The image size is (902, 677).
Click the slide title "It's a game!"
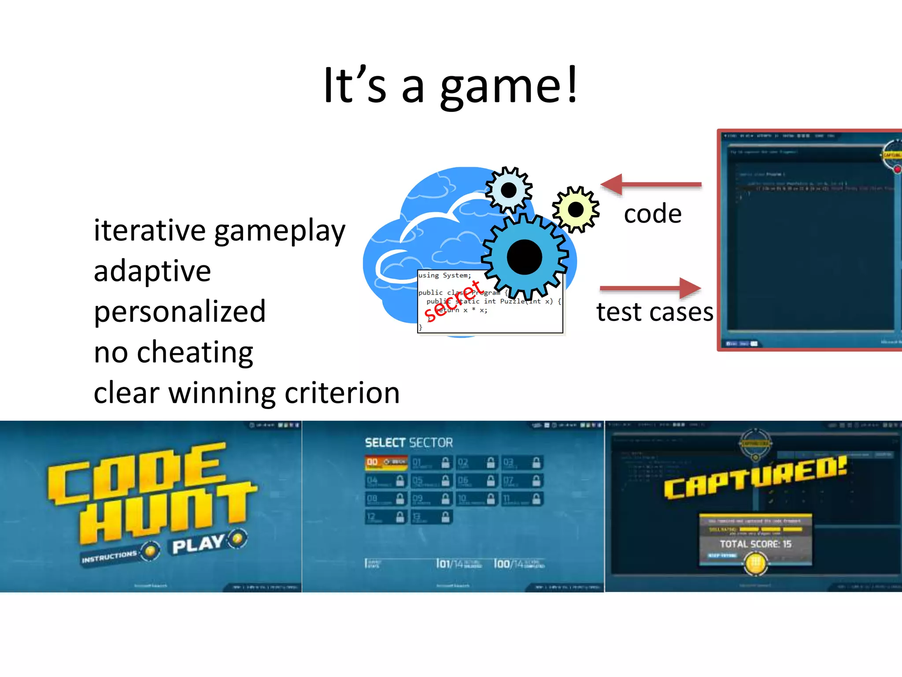point(450,85)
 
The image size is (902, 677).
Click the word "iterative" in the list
point(150,230)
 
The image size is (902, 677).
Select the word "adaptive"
point(152,271)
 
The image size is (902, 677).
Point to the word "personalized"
point(180,311)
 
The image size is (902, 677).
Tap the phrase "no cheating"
point(174,352)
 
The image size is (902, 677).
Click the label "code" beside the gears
point(653,214)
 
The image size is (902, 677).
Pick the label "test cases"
point(654,312)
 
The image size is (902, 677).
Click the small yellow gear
point(576,210)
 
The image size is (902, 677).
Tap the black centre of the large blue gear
point(524,257)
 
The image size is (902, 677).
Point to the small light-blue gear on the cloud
point(509,190)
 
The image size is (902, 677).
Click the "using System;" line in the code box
point(445,275)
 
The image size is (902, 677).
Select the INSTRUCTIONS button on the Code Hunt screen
point(110,557)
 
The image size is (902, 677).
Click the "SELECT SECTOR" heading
point(408,443)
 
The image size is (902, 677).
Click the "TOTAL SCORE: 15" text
point(755,544)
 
